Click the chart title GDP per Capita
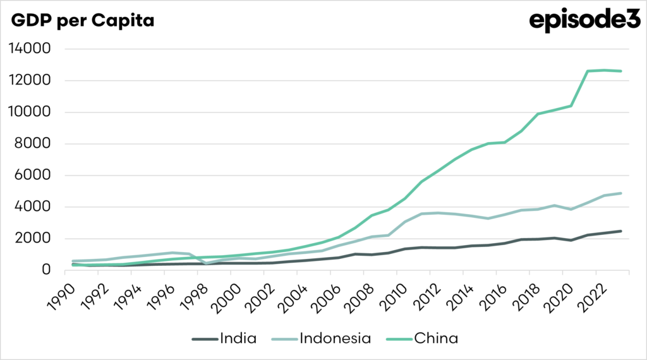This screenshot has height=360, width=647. pyautogui.click(x=82, y=21)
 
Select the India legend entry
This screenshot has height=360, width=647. pyautogui.click(x=238, y=339)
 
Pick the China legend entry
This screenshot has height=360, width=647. pyautogui.click(x=436, y=339)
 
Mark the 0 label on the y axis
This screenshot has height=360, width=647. pyautogui.click(x=47, y=270)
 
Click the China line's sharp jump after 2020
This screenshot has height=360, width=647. pyautogui.click(x=580, y=88)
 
